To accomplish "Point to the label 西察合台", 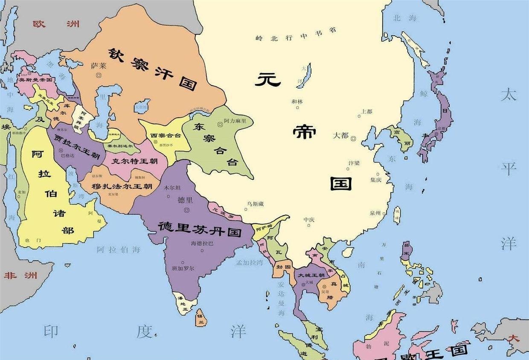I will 166,136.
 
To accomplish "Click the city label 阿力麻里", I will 235,121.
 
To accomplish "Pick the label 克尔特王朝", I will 134,161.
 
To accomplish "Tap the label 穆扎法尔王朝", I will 122,186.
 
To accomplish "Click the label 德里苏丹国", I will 199,229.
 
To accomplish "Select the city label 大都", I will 340,136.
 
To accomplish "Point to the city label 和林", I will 297,102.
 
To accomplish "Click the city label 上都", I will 366,111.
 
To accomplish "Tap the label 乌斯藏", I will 255,204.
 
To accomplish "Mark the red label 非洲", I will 20,276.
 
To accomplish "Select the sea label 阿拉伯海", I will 118,250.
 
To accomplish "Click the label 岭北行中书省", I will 296,34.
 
